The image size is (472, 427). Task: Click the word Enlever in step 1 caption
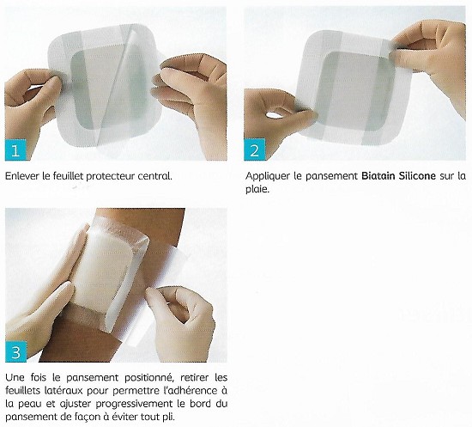tap(23, 176)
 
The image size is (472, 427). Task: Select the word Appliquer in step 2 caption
tap(268, 176)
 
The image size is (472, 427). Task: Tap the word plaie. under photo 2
tap(257, 190)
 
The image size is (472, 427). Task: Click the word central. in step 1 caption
tap(154, 176)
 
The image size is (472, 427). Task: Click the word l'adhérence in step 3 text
tap(177, 390)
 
